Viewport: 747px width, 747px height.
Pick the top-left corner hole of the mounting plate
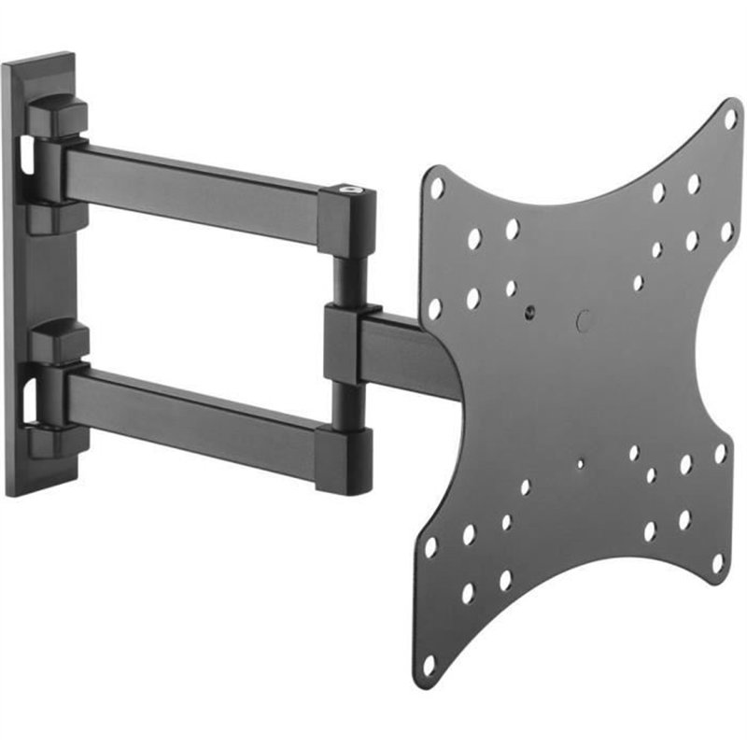[x=436, y=188]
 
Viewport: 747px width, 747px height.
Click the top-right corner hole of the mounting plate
[x=729, y=119]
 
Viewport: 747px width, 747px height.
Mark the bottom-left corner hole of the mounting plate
[x=429, y=665]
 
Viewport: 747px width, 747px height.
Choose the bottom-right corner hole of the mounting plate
[x=717, y=563]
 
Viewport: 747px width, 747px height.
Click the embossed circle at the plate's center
[x=585, y=321]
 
